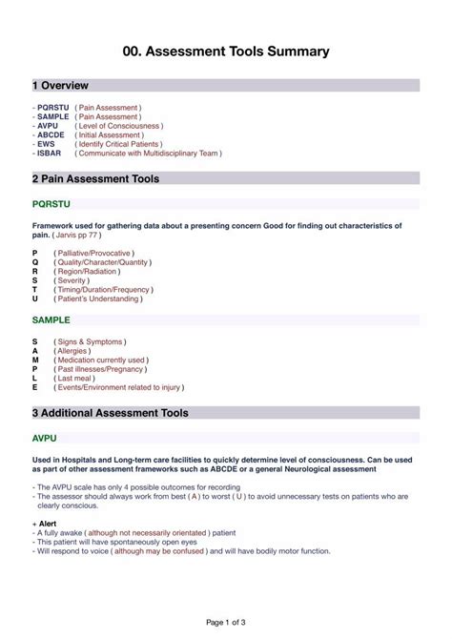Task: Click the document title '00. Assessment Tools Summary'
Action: [x=226, y=52]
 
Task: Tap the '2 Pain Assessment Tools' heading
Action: [x=95, y=178]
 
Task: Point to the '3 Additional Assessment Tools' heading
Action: [x=110, y=413]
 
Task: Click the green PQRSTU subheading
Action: [x=51, y=203]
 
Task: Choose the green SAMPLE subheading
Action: [x=51, y=320]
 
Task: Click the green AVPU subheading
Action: [x=44, y=438]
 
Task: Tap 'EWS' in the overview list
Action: [x=47, y=144]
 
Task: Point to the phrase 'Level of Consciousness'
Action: [x=119, y=126]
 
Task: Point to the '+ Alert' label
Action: [x=46, y=525]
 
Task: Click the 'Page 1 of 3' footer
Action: [x=226, y=622]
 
